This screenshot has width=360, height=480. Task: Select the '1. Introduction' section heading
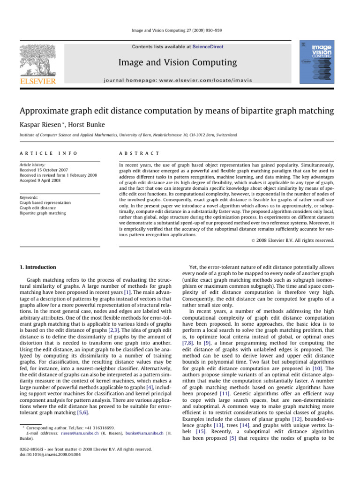39,267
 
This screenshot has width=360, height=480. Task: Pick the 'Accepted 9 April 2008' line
43,182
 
